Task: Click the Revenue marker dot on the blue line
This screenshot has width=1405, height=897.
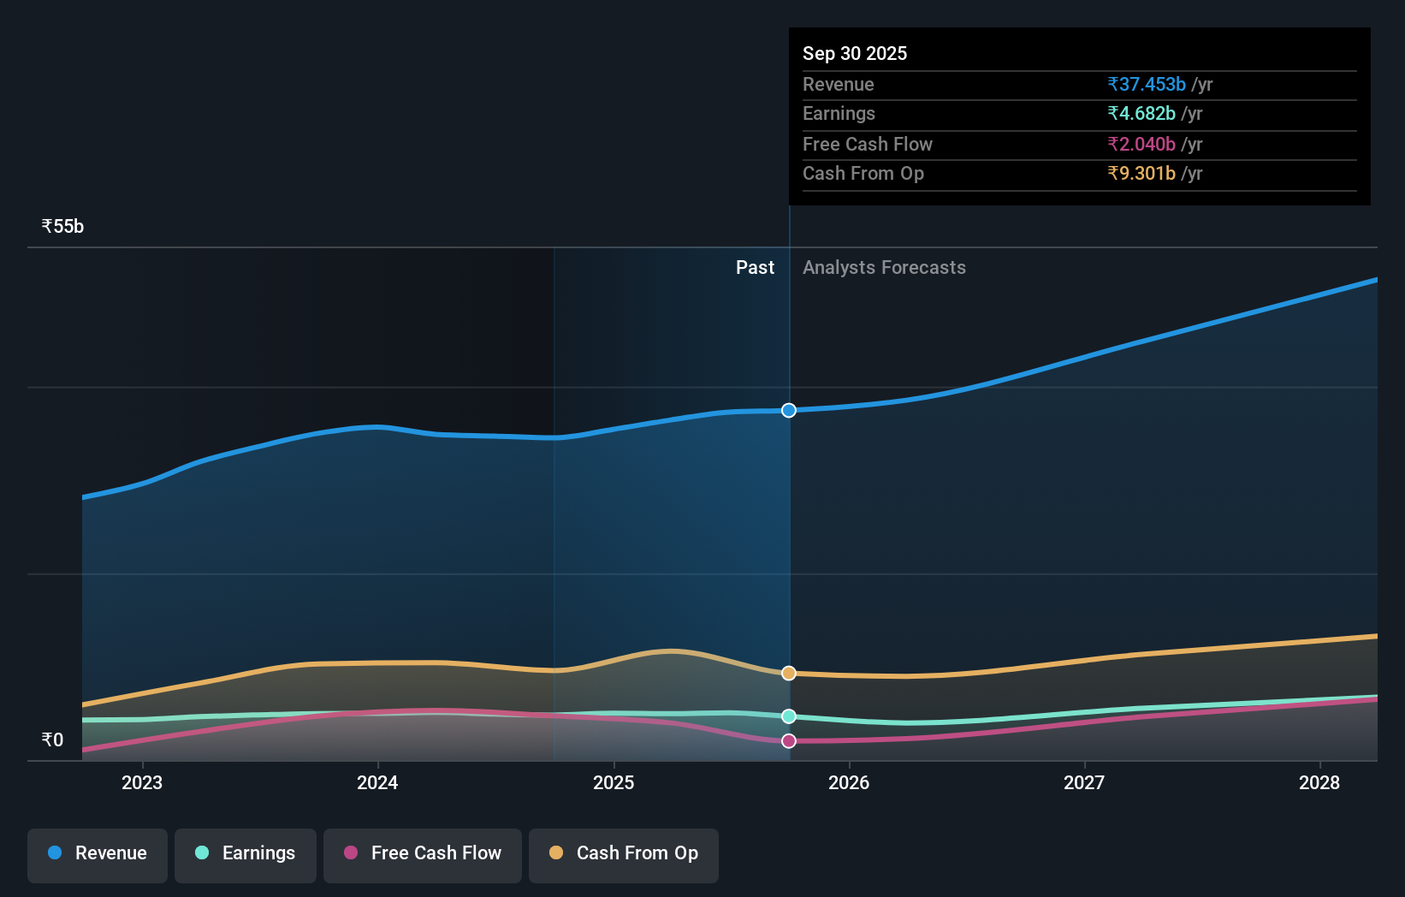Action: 789,411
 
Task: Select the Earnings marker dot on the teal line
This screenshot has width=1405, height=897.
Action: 789,716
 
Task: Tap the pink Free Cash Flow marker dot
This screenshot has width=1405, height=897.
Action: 789,741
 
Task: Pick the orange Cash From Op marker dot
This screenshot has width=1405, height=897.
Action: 789,674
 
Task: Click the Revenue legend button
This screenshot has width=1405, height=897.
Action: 98,853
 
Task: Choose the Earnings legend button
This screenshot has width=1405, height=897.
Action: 246,853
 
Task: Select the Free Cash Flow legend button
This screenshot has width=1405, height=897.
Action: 423,853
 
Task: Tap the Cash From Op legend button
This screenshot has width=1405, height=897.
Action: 624,853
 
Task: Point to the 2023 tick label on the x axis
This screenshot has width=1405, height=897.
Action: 142,783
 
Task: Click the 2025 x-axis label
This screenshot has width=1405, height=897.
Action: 614,783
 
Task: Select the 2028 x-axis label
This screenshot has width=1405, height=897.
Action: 1319,783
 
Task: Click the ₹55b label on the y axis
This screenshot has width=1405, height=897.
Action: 62,227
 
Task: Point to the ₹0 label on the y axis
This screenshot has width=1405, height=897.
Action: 52,740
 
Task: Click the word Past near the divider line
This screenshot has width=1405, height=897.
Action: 755,268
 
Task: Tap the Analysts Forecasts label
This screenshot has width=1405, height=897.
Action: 884,268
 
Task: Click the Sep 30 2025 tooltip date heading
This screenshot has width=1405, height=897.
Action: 855,54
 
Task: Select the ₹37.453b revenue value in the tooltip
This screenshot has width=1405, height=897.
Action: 1147,85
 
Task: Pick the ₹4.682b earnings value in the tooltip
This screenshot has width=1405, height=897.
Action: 1141,114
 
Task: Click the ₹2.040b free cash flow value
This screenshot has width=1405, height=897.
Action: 1141,145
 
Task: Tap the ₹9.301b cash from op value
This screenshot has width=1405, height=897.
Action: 1141,174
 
